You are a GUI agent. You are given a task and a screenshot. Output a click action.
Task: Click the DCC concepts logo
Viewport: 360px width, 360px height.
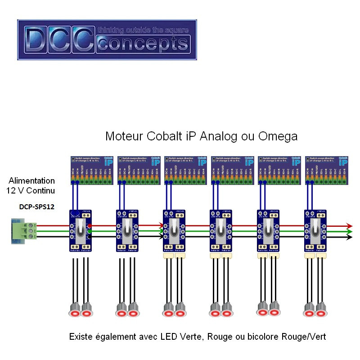click(107, 40)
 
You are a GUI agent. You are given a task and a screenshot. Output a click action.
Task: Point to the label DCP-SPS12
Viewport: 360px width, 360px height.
click(37, 207)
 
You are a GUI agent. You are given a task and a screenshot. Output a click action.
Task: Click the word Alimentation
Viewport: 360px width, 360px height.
click(31, 181)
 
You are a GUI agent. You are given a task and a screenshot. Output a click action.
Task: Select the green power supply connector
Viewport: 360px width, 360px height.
click(23, 231)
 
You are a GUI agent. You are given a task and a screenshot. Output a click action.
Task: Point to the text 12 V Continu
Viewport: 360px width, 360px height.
click(31, 191)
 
